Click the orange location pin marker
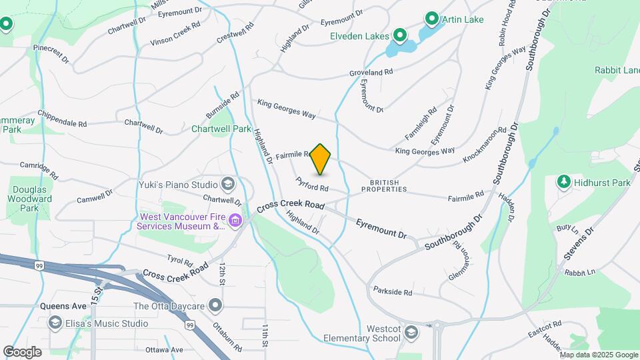[x=321, y=159]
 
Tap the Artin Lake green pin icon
[x=431, y=19]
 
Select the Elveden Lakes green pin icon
[x=400, y=35]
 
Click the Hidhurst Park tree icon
[x=564, y=182]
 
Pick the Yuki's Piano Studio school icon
[x=228, y=184]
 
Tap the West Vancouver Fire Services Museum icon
[x=235, y=221]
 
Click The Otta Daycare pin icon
[x=215, y=306]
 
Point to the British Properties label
[x=384, y=185]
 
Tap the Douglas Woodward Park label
[x=31, y=199]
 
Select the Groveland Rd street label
[x=371, y=72]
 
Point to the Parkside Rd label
[x=393, y=292]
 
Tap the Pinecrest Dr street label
[x=51, y=53]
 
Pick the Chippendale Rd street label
[x=63, y=119]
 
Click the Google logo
[x=22, y=351]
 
